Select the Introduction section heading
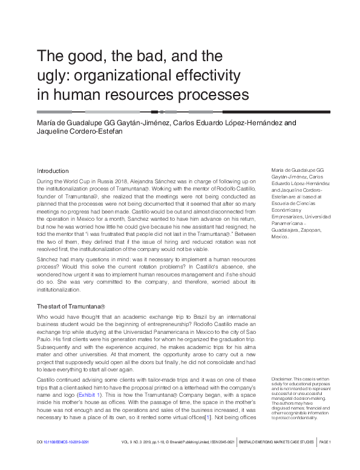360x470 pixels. pyautogui.click(x=53, y=171)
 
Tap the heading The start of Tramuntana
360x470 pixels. pyautogui.click(x=71, y=306)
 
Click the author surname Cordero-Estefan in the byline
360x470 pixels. pyautogui.click(x=96, y=133)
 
